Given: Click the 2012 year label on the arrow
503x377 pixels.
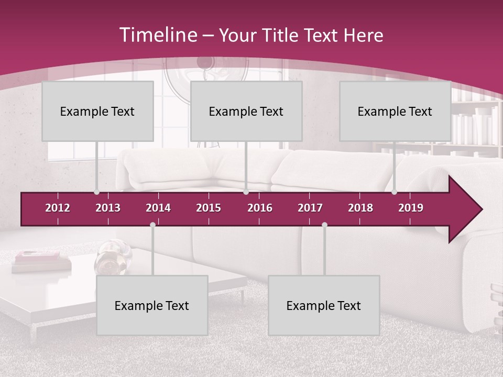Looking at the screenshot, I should (58, 208).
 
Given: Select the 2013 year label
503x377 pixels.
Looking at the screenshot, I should (108, 208).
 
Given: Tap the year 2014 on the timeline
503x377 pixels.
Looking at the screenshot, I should (158, 208).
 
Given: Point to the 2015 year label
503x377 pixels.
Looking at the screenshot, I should (209, 208).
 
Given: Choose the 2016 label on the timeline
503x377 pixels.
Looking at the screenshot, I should (260, 208).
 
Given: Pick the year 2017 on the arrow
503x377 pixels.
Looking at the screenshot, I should (310, 208).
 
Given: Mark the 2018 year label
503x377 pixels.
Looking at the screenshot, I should (360, 208).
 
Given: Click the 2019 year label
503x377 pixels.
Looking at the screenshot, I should (411, 208).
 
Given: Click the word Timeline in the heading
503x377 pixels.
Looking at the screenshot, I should (157, 35).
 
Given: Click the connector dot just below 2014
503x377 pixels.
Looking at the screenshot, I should (152, 225).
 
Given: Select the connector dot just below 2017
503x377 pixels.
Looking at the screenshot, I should (324, 225).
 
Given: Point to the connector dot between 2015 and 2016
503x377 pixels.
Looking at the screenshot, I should (246, 192).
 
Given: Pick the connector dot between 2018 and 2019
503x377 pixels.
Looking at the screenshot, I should (394, 192).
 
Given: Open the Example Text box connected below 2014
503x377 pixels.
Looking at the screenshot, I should (152, 305).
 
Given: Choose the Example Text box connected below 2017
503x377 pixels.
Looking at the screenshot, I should (324, 305).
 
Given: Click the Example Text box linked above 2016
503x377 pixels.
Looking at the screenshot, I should (246, 111).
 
